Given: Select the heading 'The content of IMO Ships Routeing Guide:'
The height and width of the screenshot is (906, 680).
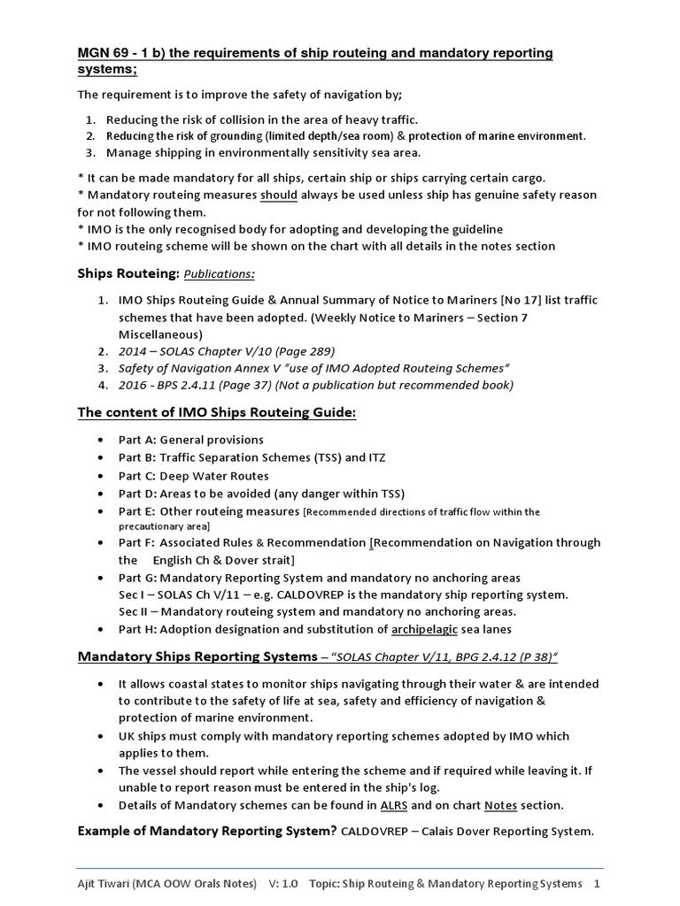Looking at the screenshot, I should pos(217,413).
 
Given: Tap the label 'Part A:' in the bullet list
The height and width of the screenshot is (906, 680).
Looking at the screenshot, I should pos(138,440).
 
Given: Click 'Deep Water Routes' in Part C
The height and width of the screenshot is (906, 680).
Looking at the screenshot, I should pos(214,476).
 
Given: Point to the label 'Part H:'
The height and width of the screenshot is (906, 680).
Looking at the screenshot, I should pos(138,630).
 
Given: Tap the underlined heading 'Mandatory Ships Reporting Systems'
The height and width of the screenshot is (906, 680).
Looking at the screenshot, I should pos(196,657).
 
